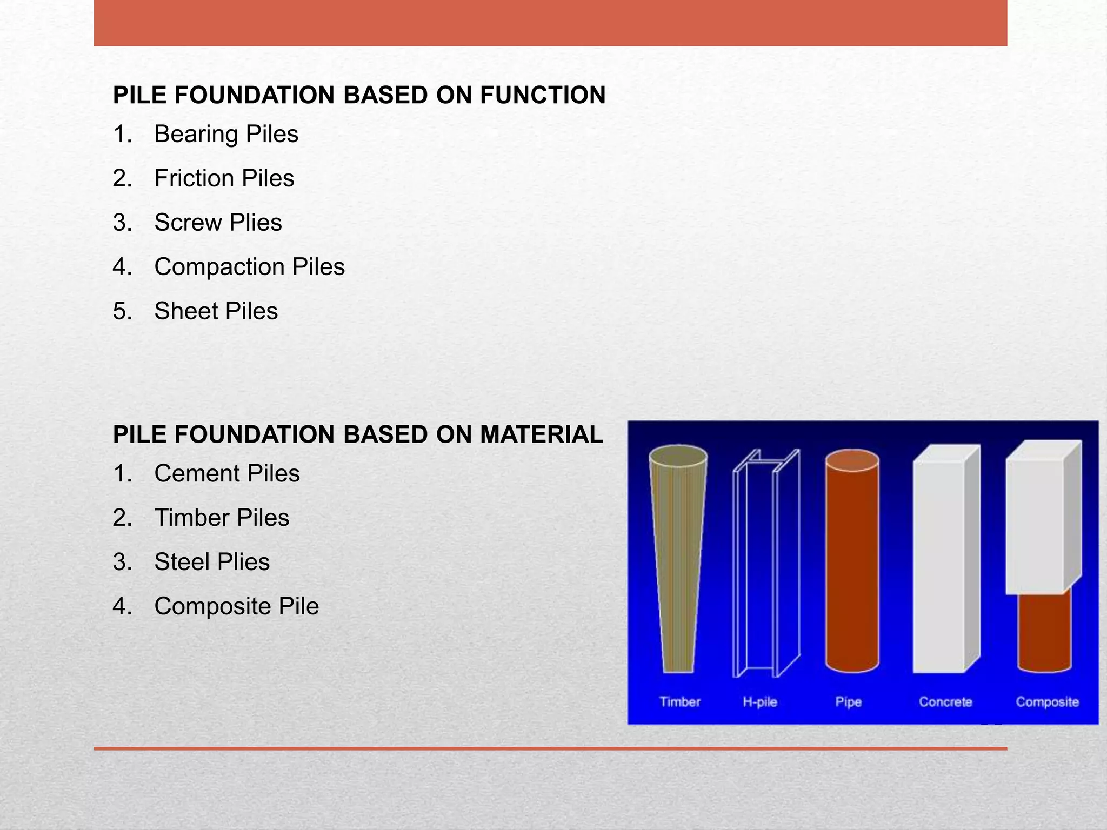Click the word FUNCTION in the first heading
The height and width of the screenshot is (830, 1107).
pyautogui.click(x=542, y=95)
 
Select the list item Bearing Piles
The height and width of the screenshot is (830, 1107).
pyautogui.click(x=226, y=134)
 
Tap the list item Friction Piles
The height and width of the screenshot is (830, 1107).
pyautogui.click(x=224, y=178)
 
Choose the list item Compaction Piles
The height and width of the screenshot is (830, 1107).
pyautogui.click(x=249, y=267)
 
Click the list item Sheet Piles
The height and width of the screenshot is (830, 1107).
pyautogui.click(x=216, y=311)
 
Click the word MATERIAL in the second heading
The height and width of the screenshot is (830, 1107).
pyautogui.click(x=541, y=435)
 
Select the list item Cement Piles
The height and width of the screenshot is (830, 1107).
pyautogui.click(x=226, y=473)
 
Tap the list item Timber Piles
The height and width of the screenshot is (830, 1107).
pyautogui.click(x=222, y=518)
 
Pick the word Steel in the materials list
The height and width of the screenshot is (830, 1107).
pyautogui.click(x=182, y=562)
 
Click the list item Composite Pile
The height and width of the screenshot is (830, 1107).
pyautogui.click(x=236, y=606)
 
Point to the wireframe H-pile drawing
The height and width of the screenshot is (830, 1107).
pyautogui.click(x=764, y=562)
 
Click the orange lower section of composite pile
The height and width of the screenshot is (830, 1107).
pyautogui.click(x=1044, y=632)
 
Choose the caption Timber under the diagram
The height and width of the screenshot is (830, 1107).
pyautogui.click(x=679, y=702)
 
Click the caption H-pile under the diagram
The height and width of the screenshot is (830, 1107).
pyautogui.click(x=759, y=702)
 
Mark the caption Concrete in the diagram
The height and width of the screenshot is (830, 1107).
pyautogui.click(x=945, y=702)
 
